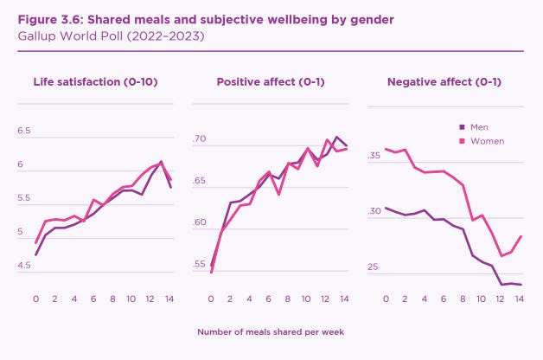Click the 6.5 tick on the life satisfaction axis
click(23, 131)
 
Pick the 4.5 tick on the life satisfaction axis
click(23, 266)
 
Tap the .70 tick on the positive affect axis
click(199, 138)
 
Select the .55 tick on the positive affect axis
click(199, 265)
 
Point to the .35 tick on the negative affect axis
click(374, 157)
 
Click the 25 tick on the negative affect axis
click(374, 267)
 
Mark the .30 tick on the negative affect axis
click(374, 211)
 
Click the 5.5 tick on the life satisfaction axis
click(23, 198)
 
